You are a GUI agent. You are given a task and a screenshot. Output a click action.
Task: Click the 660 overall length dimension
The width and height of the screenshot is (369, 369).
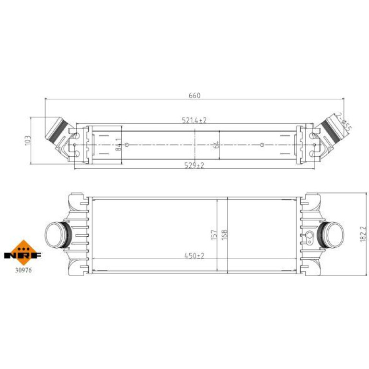pos(195,95)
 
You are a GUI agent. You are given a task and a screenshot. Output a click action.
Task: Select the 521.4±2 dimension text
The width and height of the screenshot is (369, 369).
pos(194,120)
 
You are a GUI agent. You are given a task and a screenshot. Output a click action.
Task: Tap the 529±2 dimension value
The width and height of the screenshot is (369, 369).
pos(194,165)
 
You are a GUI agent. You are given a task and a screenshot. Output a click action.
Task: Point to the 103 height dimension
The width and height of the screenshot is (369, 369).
pos(28,140)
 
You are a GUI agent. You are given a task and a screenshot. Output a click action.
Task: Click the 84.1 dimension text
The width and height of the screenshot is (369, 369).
pos(119,144)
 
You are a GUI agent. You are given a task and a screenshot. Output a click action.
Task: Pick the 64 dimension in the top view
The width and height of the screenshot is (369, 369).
pos(217,145)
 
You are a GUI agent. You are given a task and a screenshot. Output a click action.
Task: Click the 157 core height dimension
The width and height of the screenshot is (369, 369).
pos(214,235)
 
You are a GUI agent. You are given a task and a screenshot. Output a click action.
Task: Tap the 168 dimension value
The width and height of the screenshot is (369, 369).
pos(224,235)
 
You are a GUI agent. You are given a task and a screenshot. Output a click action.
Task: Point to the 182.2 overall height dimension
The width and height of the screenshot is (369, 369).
pos(363,234)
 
